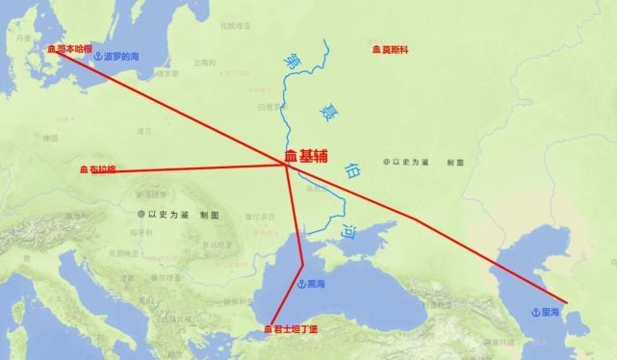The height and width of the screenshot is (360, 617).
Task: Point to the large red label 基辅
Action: (319, 155)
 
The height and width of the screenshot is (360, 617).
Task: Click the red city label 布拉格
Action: (102, 169)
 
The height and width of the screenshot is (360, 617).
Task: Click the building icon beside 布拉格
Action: (84, 169)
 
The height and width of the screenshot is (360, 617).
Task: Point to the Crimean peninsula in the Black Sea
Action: (358, 252)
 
